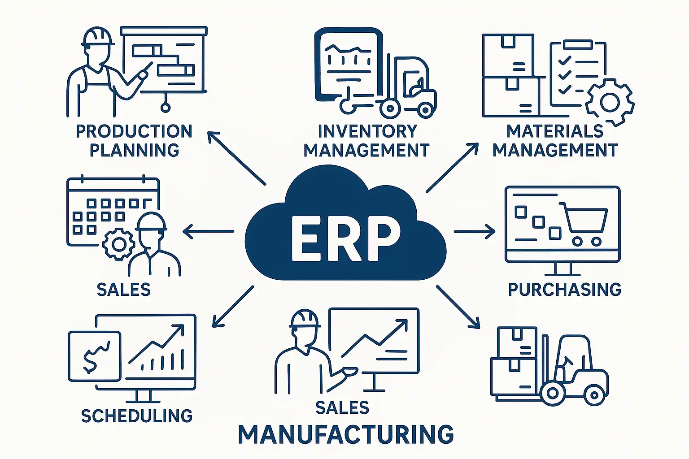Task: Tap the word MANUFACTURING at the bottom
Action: point(345,434)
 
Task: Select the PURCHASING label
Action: point(564,290)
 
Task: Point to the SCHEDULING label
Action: point(137,416)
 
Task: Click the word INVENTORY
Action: point(367,131)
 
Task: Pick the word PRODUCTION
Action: point(134,131)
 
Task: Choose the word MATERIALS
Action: point(555,131)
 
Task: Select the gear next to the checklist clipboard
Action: point(610,103)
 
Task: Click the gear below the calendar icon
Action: point(118,244)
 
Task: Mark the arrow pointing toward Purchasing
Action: point(475,232)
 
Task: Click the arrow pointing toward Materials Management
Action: point(452,168)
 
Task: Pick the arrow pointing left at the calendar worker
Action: point(208,232)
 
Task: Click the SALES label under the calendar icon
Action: point(124,290)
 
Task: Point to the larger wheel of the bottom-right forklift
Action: point(553,393)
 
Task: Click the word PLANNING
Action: point(134,150)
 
